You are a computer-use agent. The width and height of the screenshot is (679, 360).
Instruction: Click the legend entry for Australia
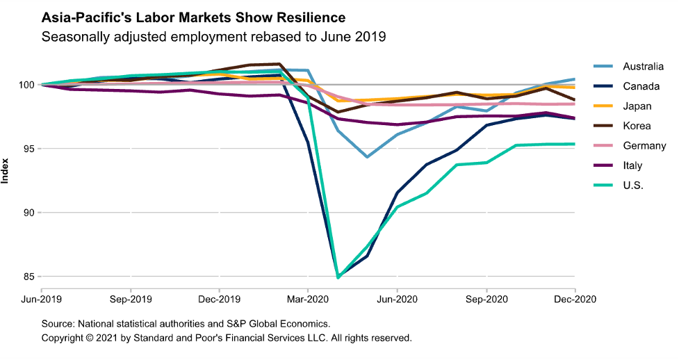(642, 67)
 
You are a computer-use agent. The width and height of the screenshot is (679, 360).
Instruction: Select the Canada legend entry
(637, 86)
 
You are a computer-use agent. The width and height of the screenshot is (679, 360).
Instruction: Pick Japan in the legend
(635, 106)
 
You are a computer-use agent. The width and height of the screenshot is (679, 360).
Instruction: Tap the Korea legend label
(636, 126)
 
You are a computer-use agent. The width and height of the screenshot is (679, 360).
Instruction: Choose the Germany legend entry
(644, 146)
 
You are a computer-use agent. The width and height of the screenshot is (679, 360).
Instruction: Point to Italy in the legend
(632, 165)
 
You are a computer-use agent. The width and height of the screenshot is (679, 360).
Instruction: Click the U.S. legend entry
(633, 186)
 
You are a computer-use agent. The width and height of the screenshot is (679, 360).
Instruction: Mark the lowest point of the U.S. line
(338, 277)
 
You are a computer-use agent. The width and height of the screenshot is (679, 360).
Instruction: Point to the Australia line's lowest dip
(367, 157)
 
